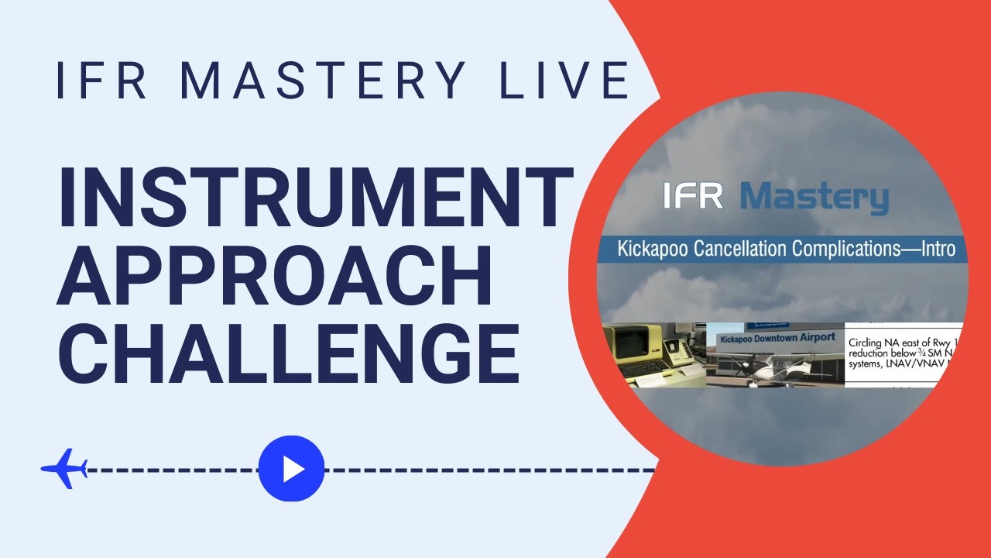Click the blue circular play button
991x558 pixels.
click(291, 469)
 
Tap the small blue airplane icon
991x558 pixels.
click(64, 469)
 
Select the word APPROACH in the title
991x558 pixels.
click(276, 274)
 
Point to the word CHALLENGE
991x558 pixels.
click(289, 352)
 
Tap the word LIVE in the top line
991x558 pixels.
click(564, 80)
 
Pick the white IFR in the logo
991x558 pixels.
click(694, 196)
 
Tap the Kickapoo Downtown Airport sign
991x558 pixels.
click(777, 338)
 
